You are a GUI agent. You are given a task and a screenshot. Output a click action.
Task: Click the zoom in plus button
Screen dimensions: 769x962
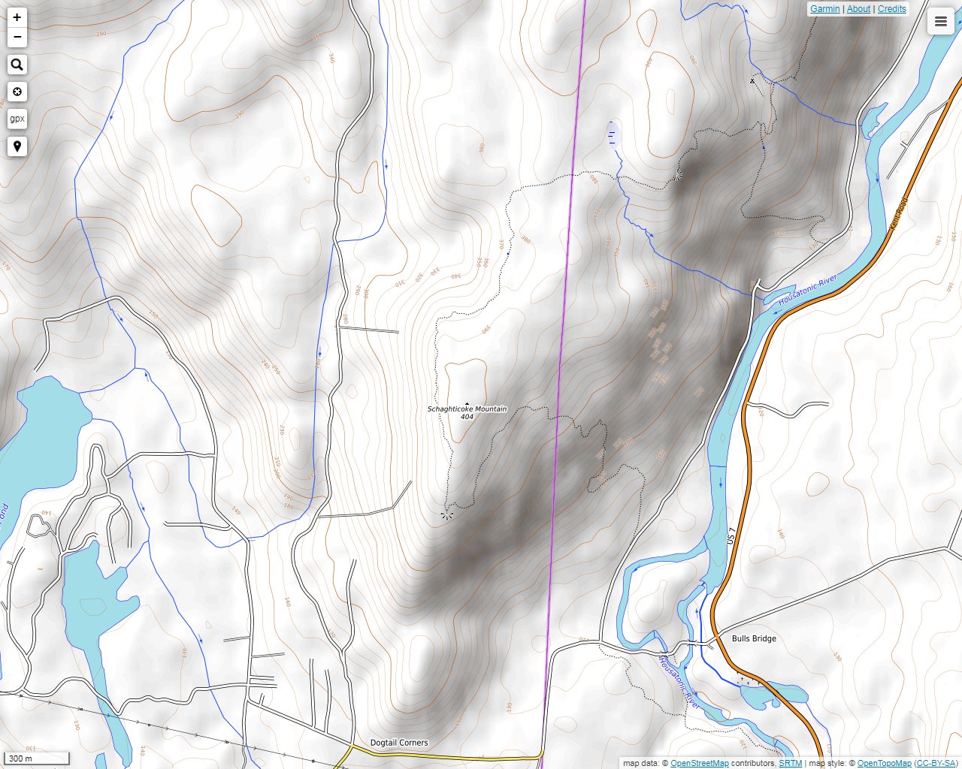pos(17,17)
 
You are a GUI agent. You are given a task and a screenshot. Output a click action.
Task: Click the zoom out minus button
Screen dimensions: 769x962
pos(17,37)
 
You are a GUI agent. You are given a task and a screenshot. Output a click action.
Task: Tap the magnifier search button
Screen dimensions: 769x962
pos(17,65)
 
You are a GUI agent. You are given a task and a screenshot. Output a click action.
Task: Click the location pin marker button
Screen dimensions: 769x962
pos(17,146)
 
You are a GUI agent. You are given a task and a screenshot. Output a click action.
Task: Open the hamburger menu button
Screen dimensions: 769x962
pos(940,22)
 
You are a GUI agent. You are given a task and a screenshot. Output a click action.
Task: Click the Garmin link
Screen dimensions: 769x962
pos(824,9)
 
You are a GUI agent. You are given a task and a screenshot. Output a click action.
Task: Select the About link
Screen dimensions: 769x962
pos(858,9)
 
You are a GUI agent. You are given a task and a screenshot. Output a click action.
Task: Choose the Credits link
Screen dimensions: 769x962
pos(891,9)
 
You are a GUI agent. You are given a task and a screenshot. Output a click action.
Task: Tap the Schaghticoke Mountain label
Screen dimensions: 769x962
pos(467,409)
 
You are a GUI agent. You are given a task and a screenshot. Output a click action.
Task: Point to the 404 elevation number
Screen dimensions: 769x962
pos(467,417)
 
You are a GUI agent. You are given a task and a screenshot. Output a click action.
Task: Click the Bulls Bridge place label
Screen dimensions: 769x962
pos(754,638)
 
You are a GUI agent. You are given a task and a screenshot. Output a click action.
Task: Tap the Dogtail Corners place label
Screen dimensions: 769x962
pos(399,743)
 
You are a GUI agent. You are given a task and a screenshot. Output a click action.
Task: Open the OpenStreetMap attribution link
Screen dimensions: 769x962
pos(699,764)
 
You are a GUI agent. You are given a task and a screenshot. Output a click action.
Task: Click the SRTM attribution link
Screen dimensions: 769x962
pos(790,764)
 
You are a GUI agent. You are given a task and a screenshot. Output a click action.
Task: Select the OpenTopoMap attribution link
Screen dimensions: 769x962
pos(884,764)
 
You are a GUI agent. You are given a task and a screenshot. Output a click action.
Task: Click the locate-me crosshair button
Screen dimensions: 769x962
pos(17,92)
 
